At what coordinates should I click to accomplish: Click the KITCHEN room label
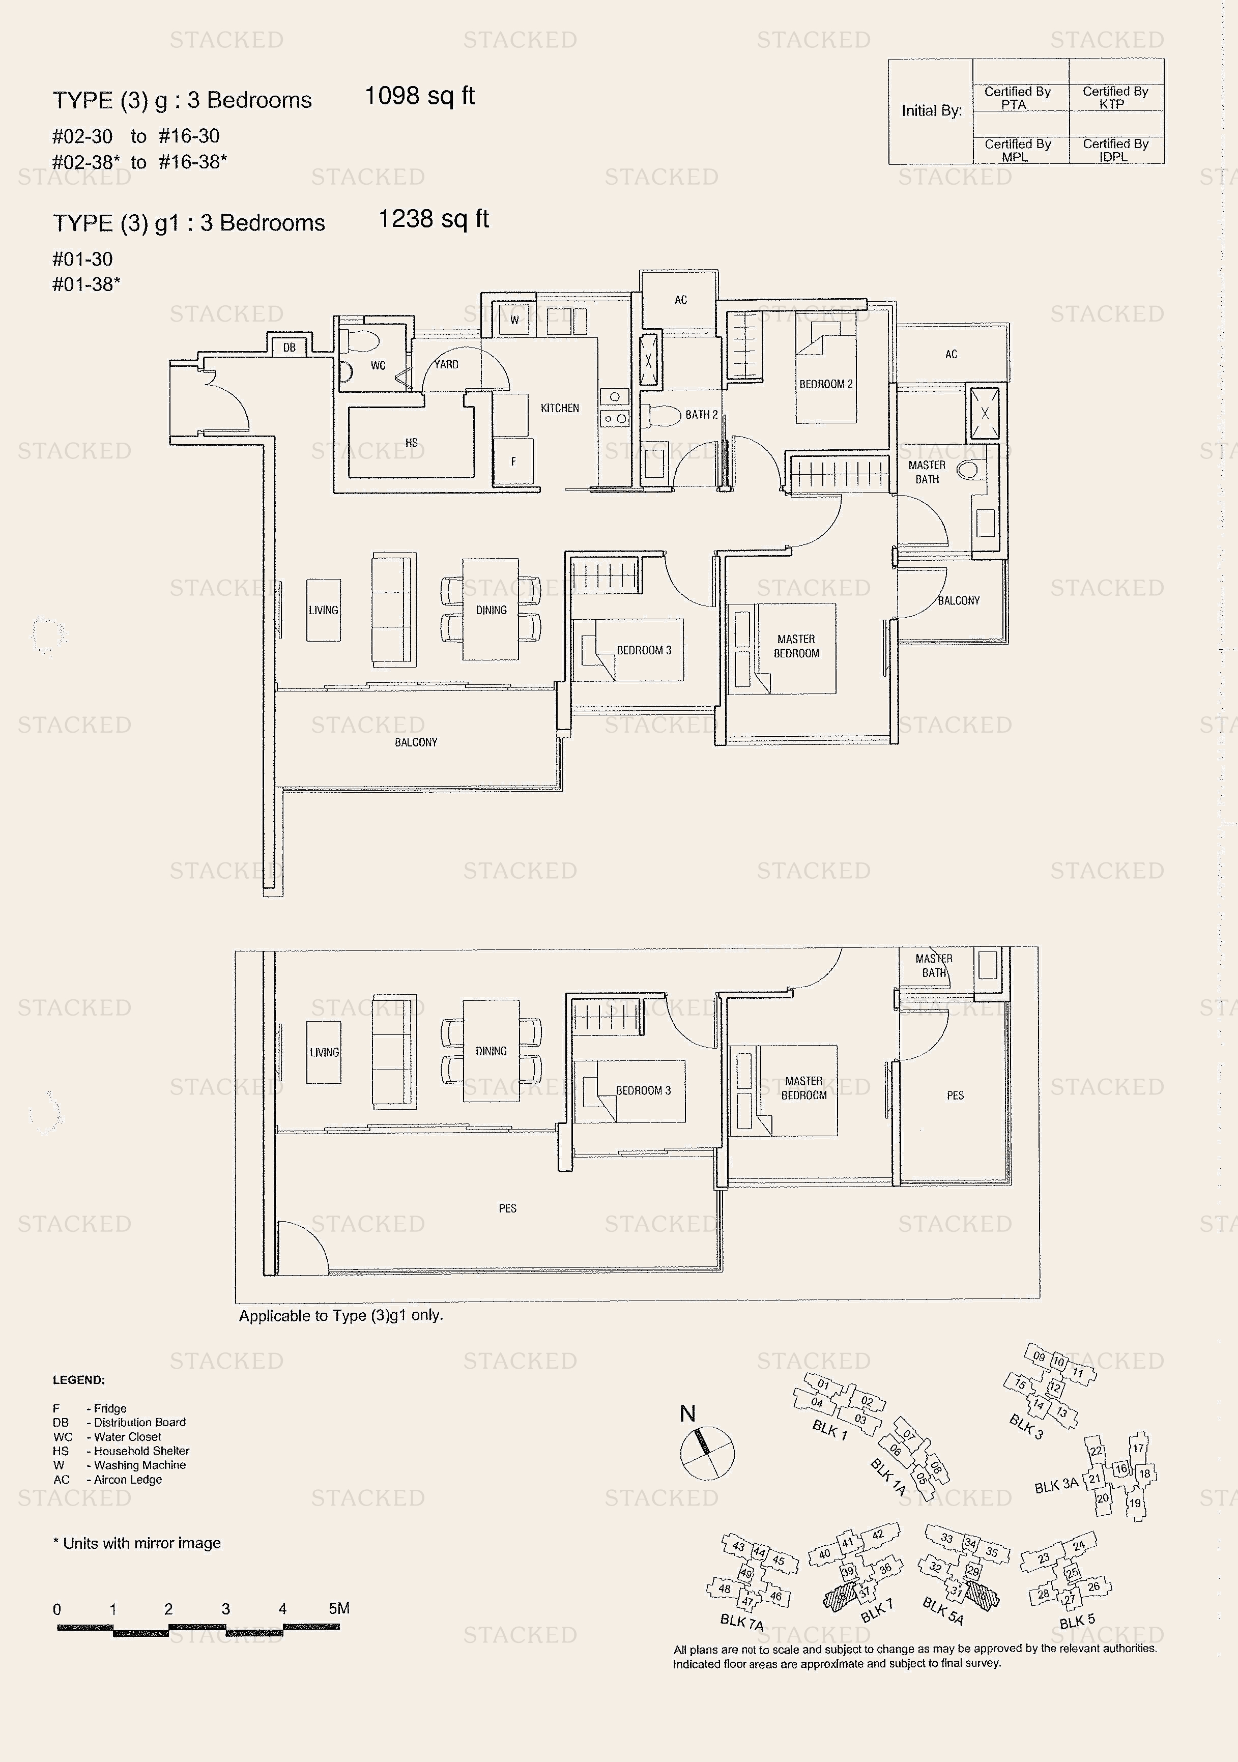coord(560,408)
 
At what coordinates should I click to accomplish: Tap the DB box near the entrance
coord(290,348)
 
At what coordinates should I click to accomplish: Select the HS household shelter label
coord(411,443)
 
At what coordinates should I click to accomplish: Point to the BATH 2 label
coord(701,414)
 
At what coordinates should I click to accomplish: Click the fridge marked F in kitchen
coord(513,461)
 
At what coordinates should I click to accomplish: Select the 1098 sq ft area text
coord(419,96)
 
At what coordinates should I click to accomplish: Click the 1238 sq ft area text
coord(433,219)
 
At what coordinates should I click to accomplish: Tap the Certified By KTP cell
coord(1115,98)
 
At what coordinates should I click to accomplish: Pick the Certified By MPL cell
coord(1017,150)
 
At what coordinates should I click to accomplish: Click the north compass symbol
coord(707,1453)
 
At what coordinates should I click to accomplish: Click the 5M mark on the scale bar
coord(338,1608)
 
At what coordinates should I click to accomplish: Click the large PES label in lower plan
coord(507,1208)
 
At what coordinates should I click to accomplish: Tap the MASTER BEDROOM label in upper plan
coord(796,646)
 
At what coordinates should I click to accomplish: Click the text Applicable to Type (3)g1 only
coord(341,1315)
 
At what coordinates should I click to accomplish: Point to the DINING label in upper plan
coord(491,610)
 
